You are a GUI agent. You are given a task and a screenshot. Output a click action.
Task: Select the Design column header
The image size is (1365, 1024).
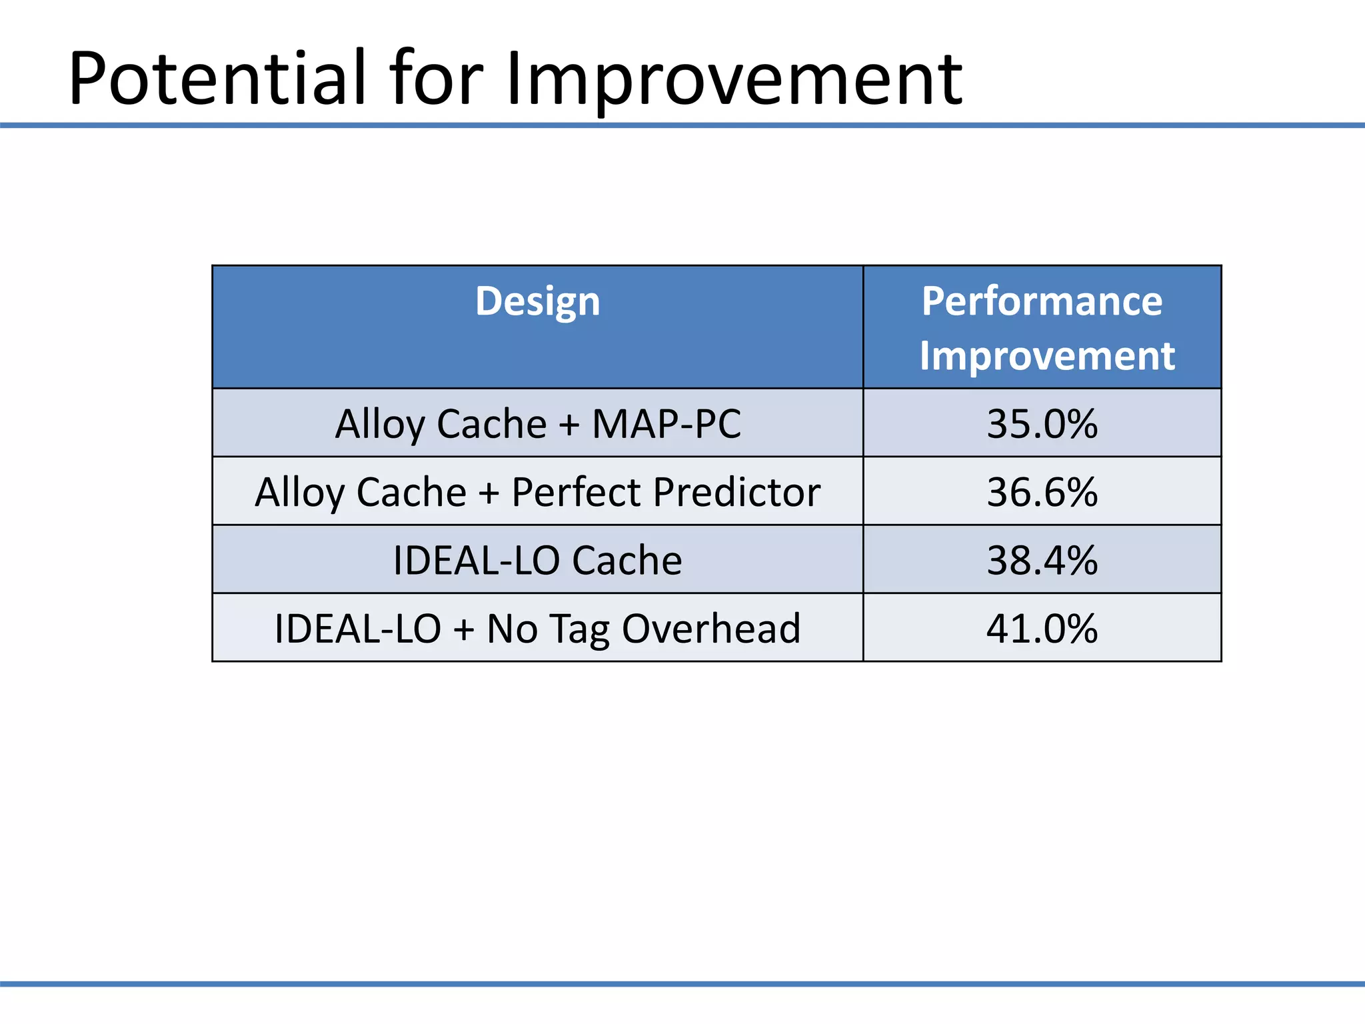(x=537, y=301)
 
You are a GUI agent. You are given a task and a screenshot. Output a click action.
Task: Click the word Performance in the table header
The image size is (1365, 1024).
(x=1042, y=301)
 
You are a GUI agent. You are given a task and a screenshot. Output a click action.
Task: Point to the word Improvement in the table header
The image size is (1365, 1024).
(x=1046, y=356)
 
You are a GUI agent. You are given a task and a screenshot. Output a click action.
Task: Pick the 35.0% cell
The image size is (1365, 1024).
(x=1042, y=423)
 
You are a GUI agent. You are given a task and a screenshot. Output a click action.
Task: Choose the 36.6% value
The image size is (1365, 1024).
(x=1042, y=492)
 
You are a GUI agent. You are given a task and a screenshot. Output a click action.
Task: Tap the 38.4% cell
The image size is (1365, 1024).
(x=1042, y=560)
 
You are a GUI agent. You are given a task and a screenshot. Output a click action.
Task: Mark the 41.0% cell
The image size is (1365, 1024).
(x=1042, y=628)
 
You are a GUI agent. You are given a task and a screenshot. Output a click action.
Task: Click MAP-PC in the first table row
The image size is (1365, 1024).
(x=666, y=423)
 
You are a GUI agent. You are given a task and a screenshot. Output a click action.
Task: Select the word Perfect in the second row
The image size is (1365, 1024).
(x=577, y=492)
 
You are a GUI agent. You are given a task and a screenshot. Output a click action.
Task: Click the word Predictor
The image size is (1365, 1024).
(x=736, y=492)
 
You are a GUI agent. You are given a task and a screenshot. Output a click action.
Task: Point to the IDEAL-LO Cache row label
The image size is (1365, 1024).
(x=537, y=560)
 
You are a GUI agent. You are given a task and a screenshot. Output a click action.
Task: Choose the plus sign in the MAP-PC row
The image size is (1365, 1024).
(x=569, y=425)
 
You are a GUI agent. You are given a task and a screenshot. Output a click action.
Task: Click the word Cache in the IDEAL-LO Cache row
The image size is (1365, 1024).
(x=627, y=560)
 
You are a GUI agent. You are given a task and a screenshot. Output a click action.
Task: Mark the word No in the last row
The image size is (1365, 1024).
(x=512, y=628)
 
